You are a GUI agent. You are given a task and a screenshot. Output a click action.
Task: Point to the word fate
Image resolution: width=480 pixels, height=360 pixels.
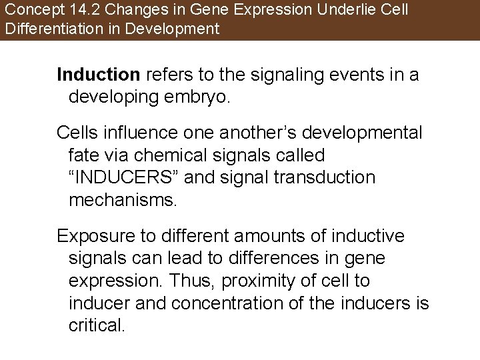pyautogui.click(x=83, y=155)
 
